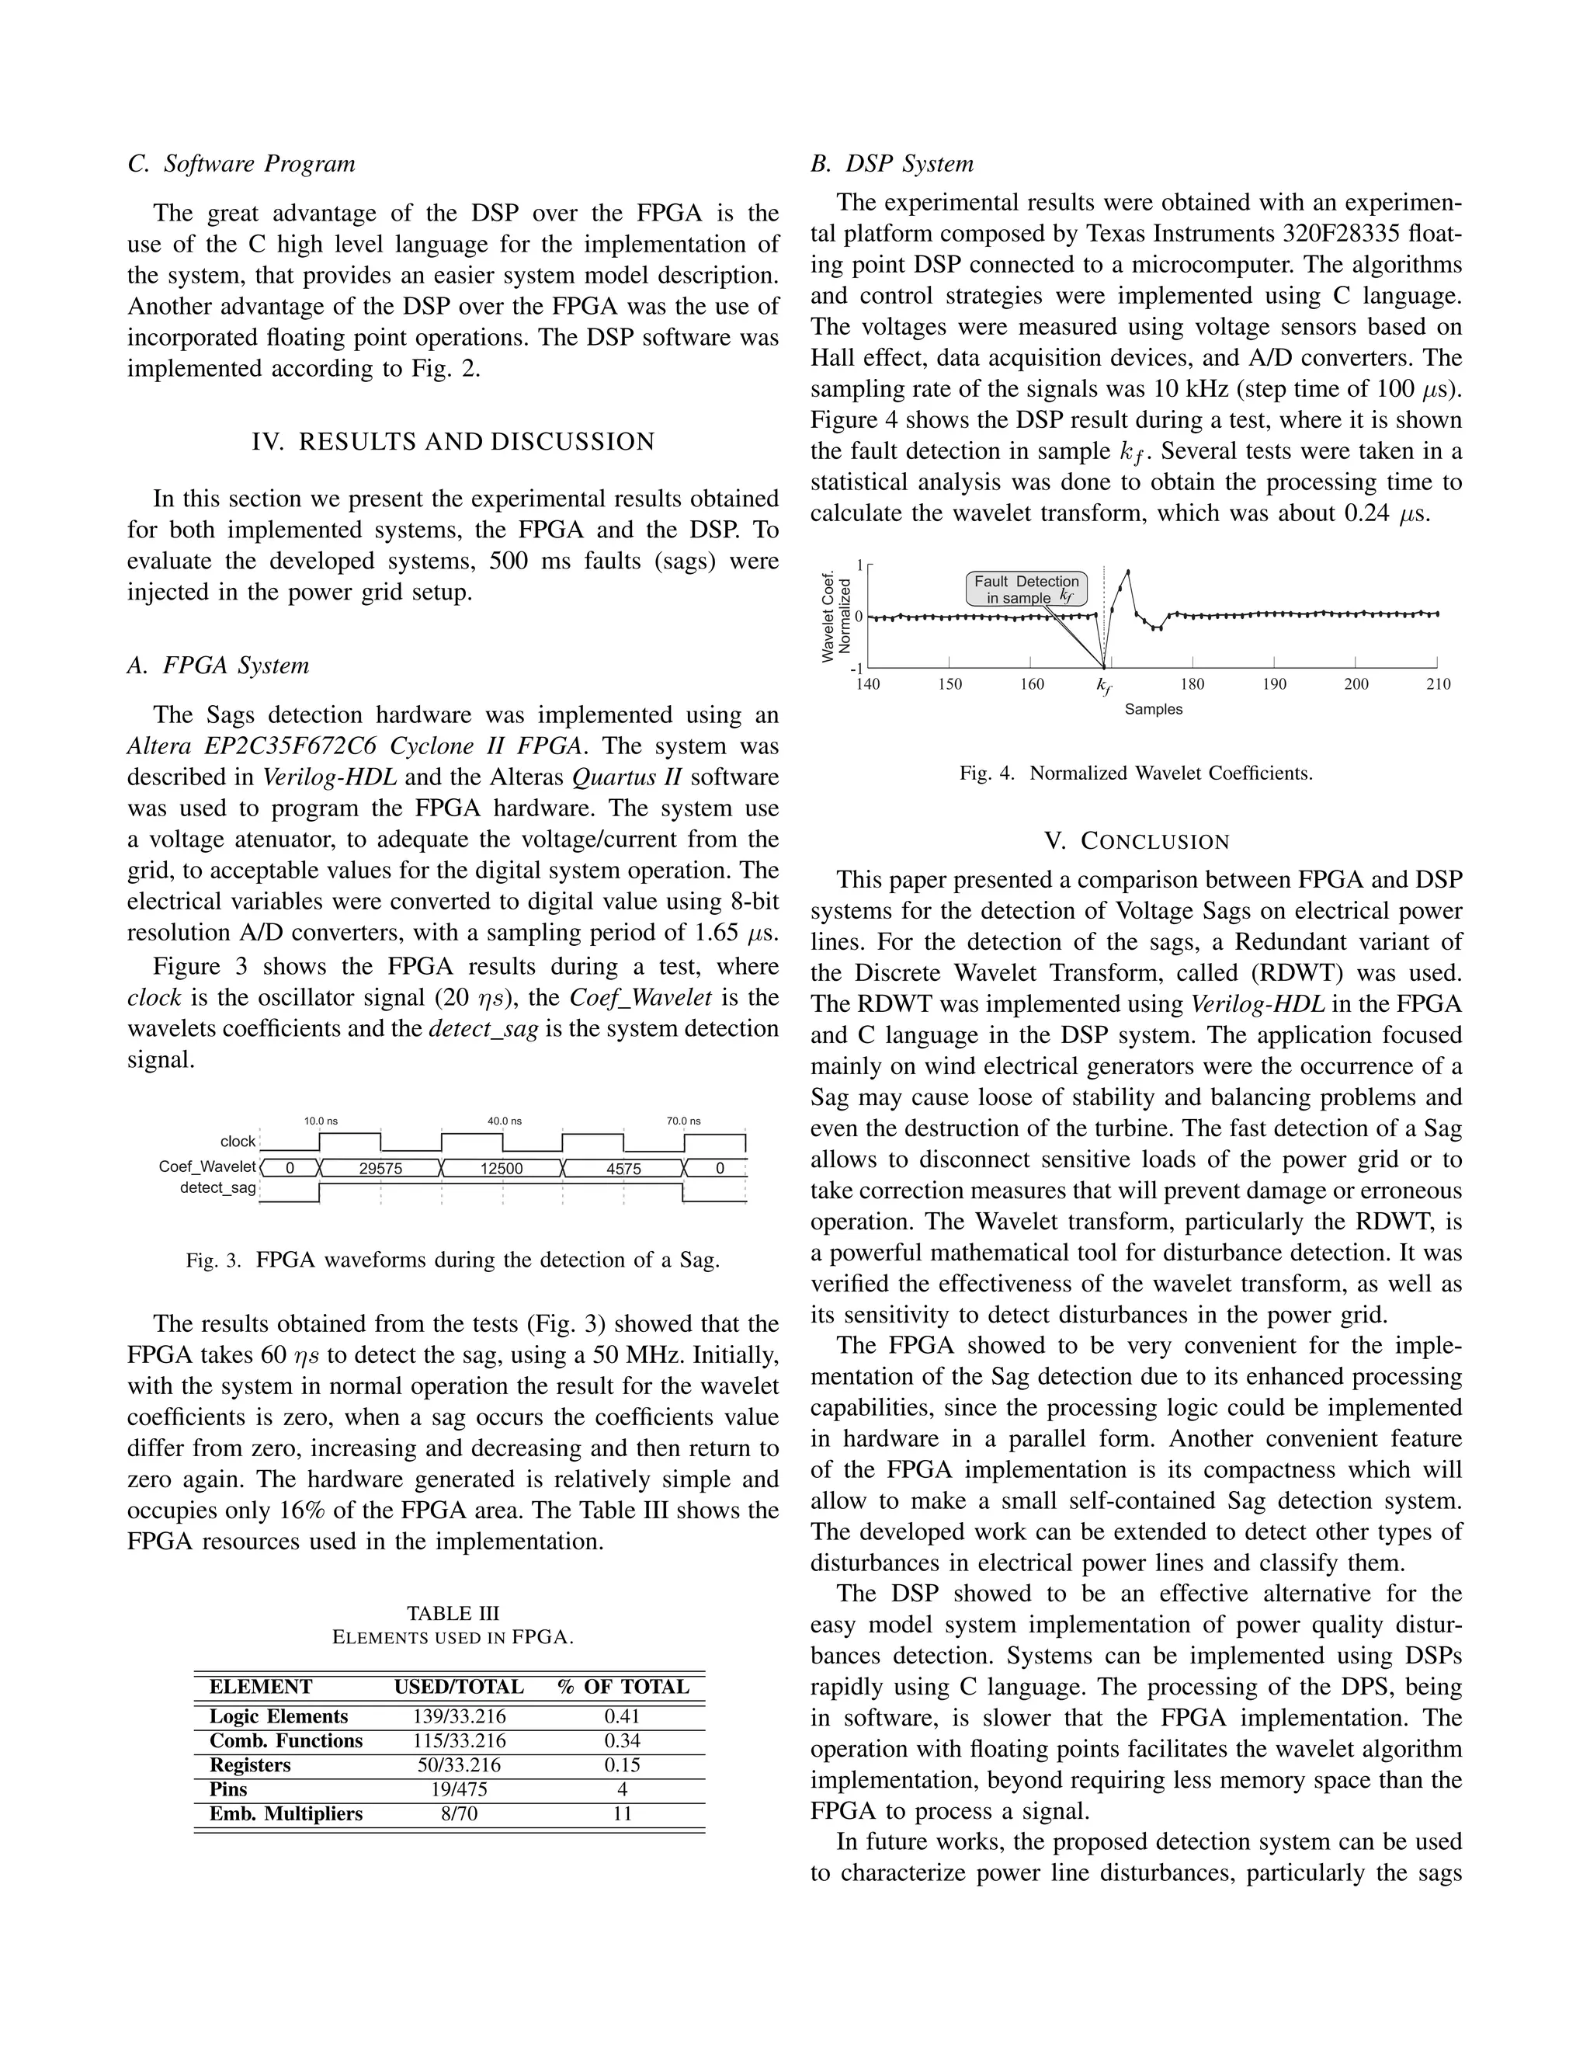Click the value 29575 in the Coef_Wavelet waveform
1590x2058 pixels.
(x=380, y=1169)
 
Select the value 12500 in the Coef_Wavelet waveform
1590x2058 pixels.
(x=502, y=1169)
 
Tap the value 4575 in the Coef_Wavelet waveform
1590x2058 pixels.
(x=623, y=1169)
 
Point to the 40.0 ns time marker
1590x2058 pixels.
(x=504, y=1121)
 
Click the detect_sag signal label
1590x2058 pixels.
(x=217, y=1187)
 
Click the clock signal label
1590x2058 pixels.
(x=238, y=1141)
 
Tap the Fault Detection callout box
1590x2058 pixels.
(x=1026, y=589)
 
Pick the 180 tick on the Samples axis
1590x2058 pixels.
(x=1192, y=684)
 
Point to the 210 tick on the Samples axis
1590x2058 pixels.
(x=1437, y=684)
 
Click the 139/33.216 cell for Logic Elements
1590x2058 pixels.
(x=459, y=1716)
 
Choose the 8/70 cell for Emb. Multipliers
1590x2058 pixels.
(x=459, y=1814)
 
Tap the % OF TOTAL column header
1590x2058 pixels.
(x=623, y=1687)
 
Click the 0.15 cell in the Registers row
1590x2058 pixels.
(x=622, y=1765)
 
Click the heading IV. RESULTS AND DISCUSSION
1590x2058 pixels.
(x=453, y=442)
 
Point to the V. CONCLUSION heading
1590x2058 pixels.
(x=1136, y=842)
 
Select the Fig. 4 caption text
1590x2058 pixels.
(x=1136, y=773)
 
